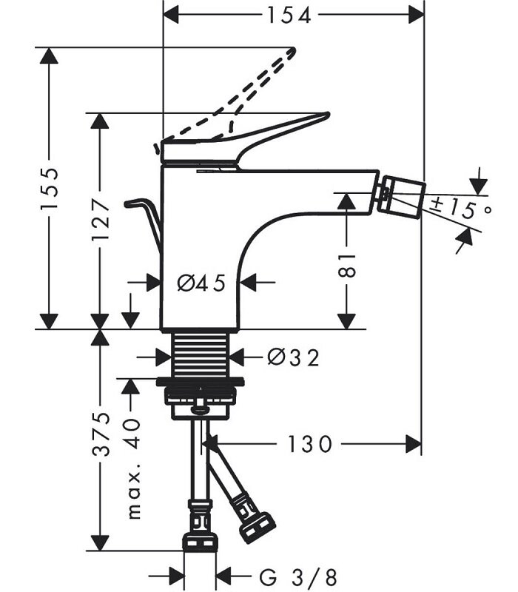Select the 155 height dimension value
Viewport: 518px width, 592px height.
[x=49, y=189]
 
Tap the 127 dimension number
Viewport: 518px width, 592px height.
[x=100, y=221]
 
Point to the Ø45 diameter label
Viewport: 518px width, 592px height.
[x=201, y=282]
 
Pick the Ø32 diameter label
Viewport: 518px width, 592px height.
[x=293, y=358]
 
